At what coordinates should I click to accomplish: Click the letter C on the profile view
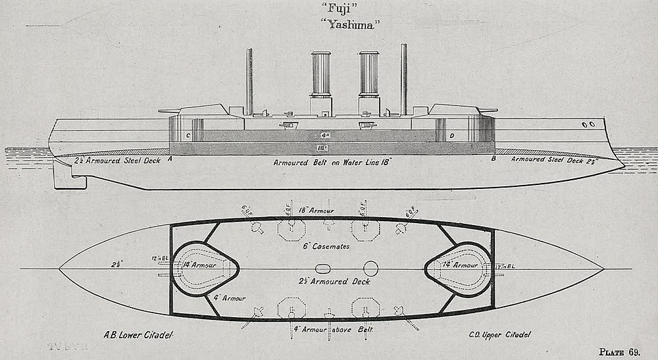[188, 136]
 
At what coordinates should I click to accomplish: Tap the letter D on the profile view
[451, 136]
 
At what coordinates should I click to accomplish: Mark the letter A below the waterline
[170, 159]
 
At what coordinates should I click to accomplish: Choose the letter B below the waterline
[493, 159]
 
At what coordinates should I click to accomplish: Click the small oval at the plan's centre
[323, 269]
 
